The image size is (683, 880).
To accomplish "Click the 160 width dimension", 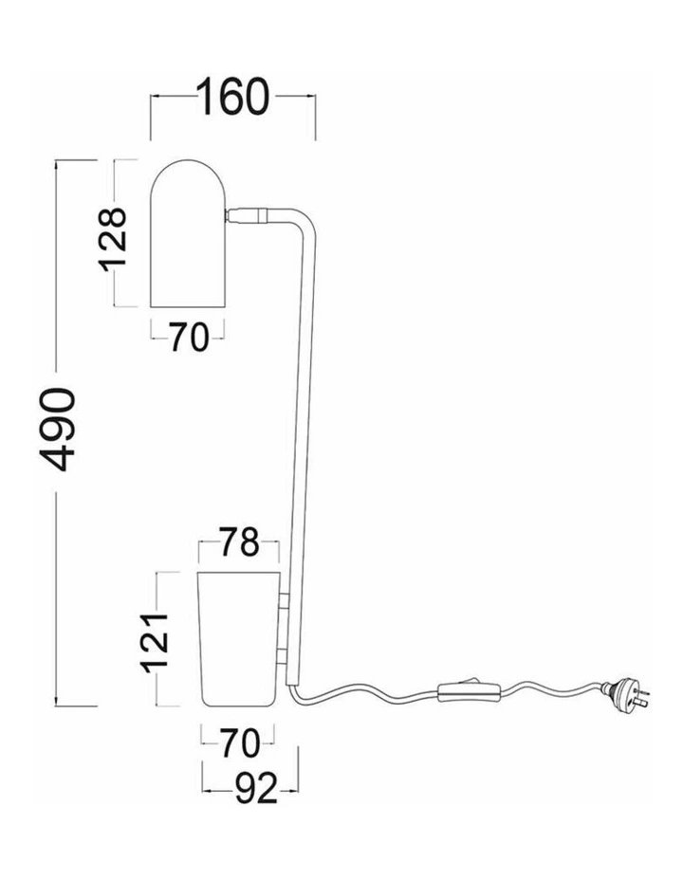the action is point(233,97).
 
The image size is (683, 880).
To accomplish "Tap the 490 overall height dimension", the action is point(57,429).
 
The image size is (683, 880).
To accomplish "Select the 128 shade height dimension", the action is point(113,240).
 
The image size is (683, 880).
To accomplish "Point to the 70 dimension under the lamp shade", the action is point(189,338).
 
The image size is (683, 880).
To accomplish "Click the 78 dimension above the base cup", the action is point(239,541).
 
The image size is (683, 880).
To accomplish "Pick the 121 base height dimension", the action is point(155,643).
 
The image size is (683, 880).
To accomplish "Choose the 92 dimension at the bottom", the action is point(256,789).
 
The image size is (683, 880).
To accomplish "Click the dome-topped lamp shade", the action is point(188,233).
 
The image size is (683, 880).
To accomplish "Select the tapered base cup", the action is point(239,639).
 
